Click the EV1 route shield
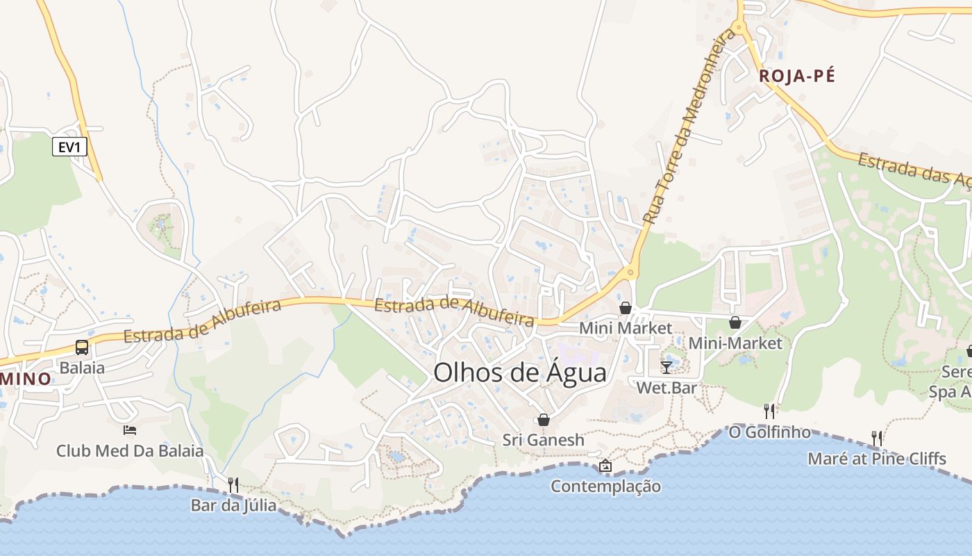[69, 147]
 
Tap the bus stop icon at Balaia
[82, 347]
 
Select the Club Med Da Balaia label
[130, 451]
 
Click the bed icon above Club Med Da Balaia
[130, 430]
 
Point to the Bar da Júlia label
[233, 505]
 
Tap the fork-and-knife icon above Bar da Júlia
[233, 484]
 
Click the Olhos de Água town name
[519, 373]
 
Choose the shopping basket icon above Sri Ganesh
[544, 420]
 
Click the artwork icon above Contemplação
[605, 466]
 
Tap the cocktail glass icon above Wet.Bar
[667, 367]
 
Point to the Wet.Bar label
[667, 388]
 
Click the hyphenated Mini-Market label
[735, 343]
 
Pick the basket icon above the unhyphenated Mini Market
[626, 308]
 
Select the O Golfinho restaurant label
[769, 432]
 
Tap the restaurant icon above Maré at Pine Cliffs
[877, 438]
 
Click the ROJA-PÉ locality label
[796, 76]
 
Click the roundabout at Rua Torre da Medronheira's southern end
[630, 272]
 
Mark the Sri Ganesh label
[544, 440]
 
